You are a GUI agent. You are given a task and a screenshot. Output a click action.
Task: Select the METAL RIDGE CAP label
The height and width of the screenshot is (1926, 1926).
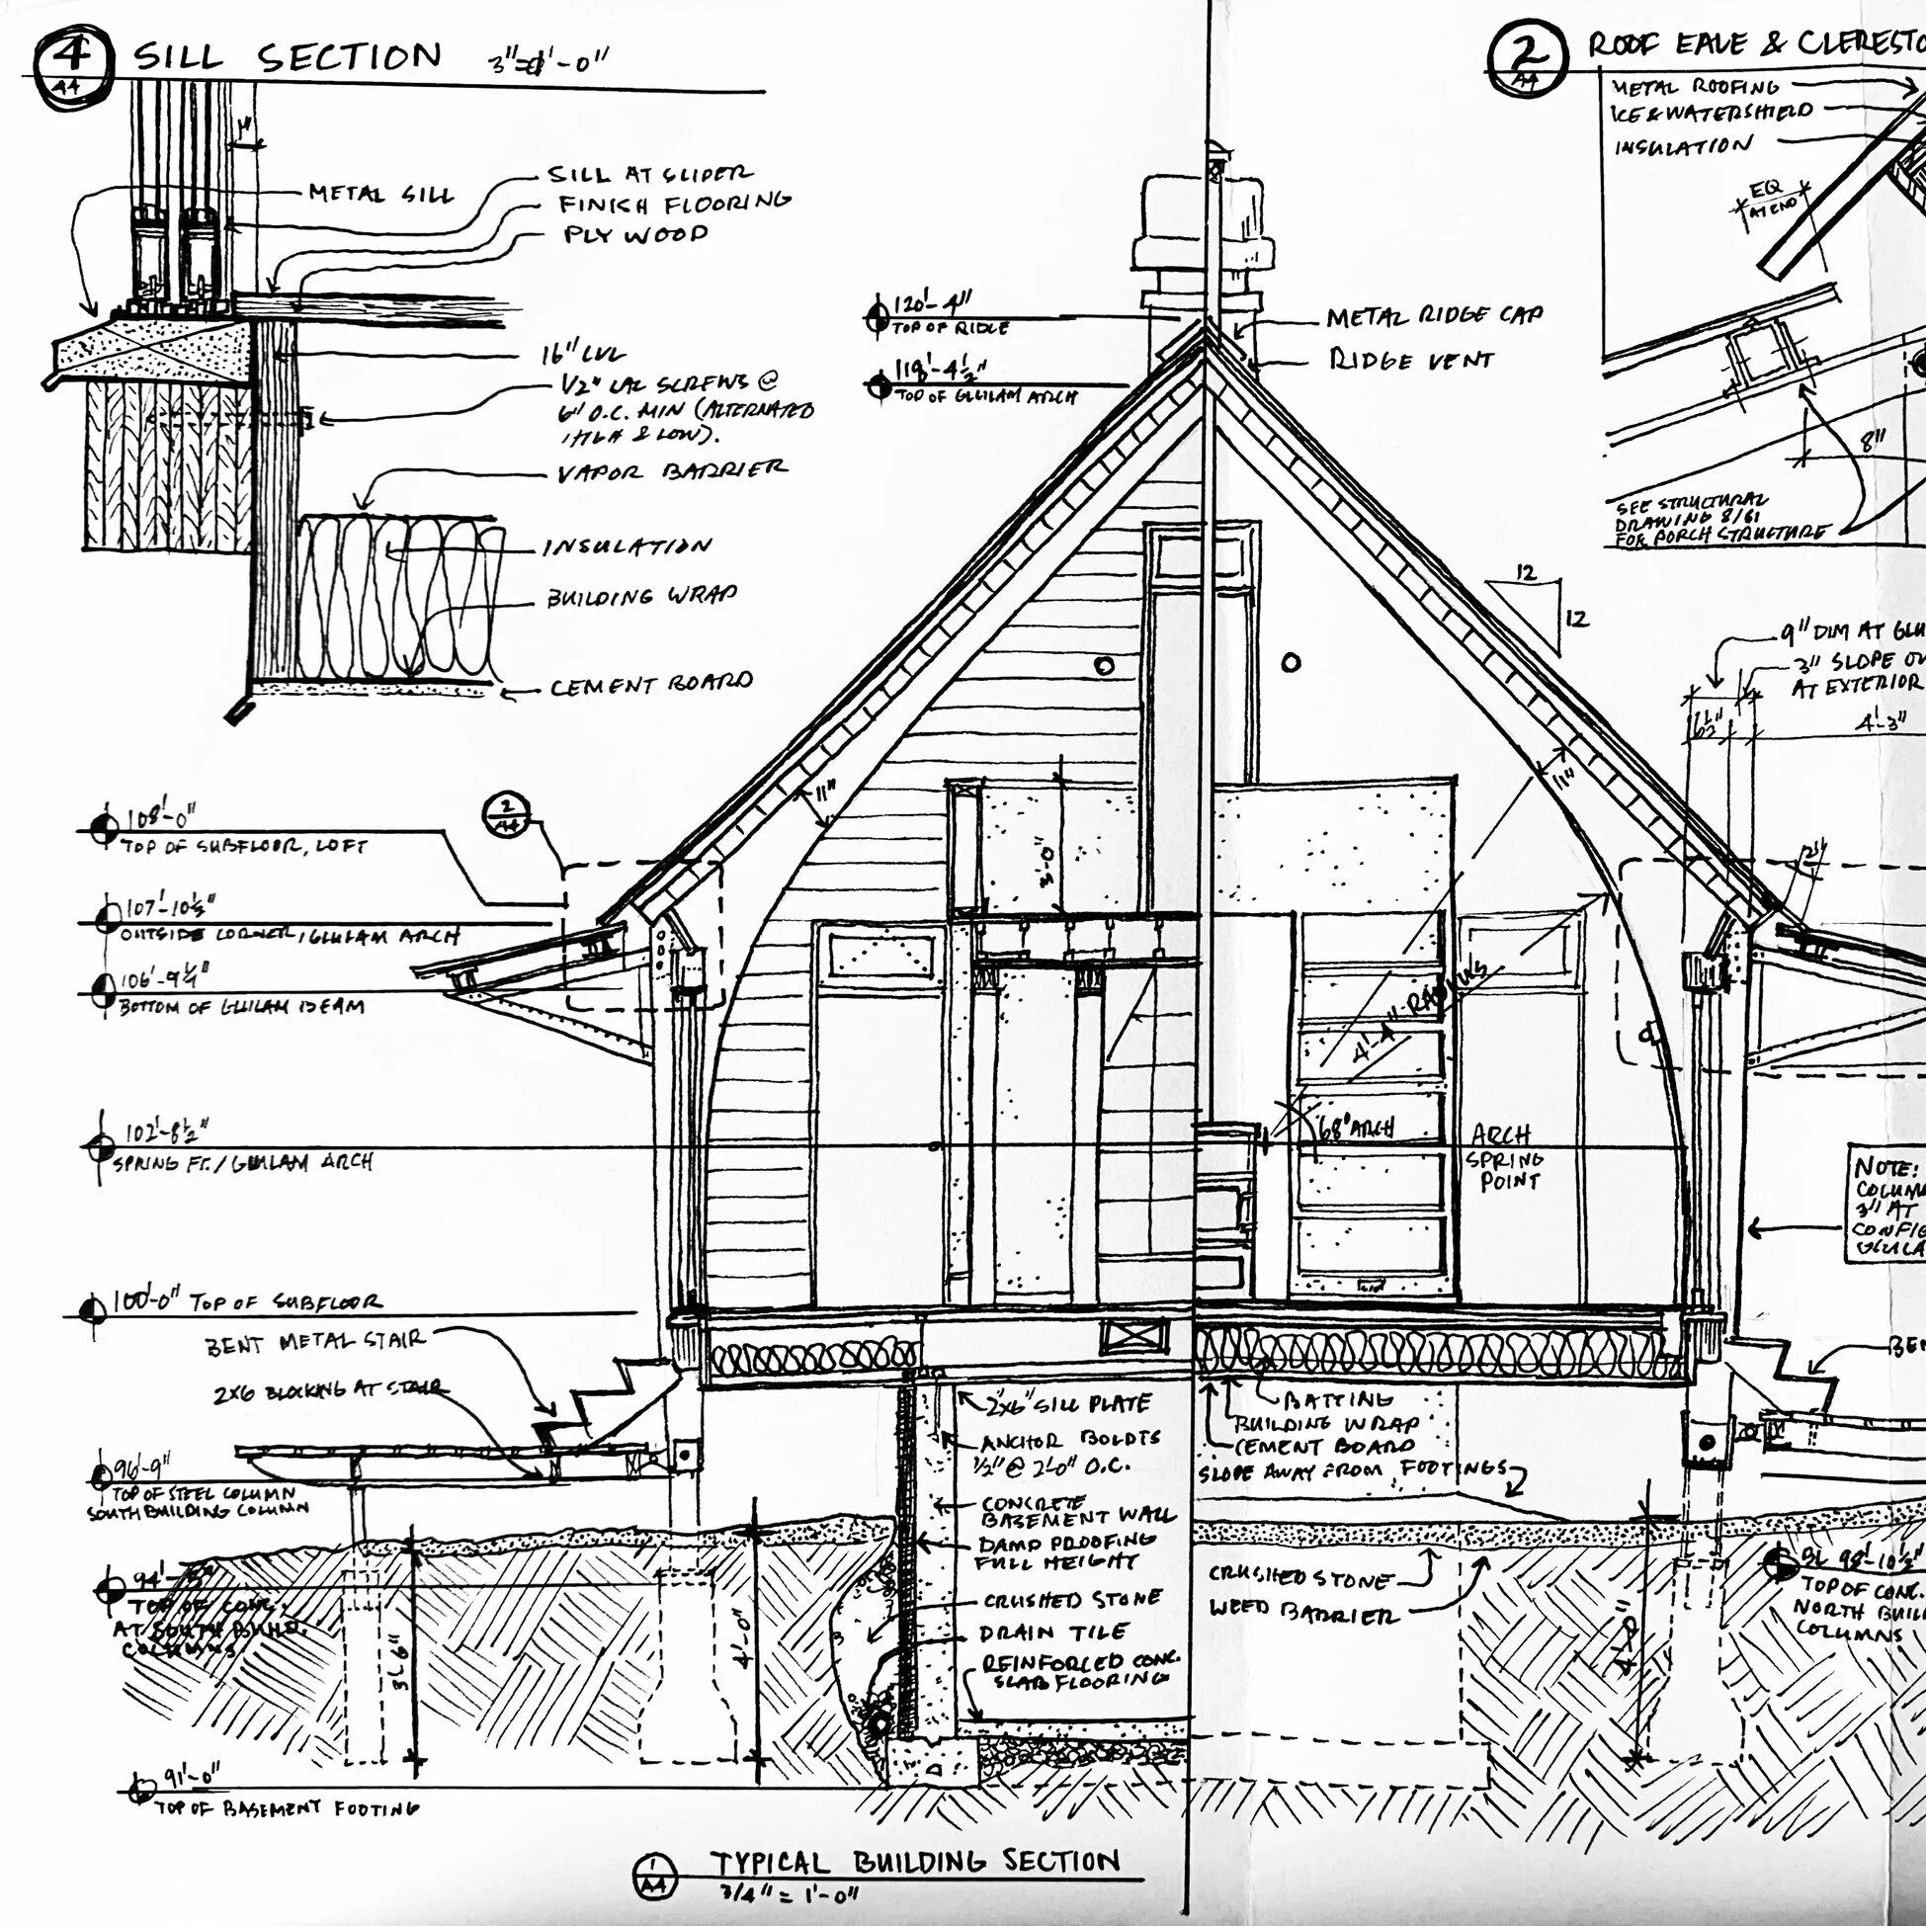[x=1434, y=317]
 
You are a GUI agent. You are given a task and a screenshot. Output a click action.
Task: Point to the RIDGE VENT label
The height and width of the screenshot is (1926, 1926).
[x=1410, y=360]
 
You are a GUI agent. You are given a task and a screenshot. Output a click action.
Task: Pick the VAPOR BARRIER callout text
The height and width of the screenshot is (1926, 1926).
[x=671, y=470]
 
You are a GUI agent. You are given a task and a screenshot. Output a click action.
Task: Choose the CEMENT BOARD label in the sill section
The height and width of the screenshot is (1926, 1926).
[x=651, y=685]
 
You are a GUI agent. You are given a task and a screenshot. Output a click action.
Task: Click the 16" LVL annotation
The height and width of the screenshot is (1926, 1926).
[x=583, y=354]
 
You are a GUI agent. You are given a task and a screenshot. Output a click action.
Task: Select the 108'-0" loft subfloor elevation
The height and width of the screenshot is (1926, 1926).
[x=160, y=819]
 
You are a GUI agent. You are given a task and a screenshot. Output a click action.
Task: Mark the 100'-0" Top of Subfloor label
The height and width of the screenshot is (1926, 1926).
[x=245, y=1301]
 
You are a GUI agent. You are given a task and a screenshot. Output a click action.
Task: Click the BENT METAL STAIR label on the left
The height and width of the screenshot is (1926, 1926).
[x=315, y=1342]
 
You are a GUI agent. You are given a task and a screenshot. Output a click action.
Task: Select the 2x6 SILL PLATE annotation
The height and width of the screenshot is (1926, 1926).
[x=1067, y=1404]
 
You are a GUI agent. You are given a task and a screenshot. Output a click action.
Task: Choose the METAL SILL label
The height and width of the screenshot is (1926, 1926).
[x=379, y=193]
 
